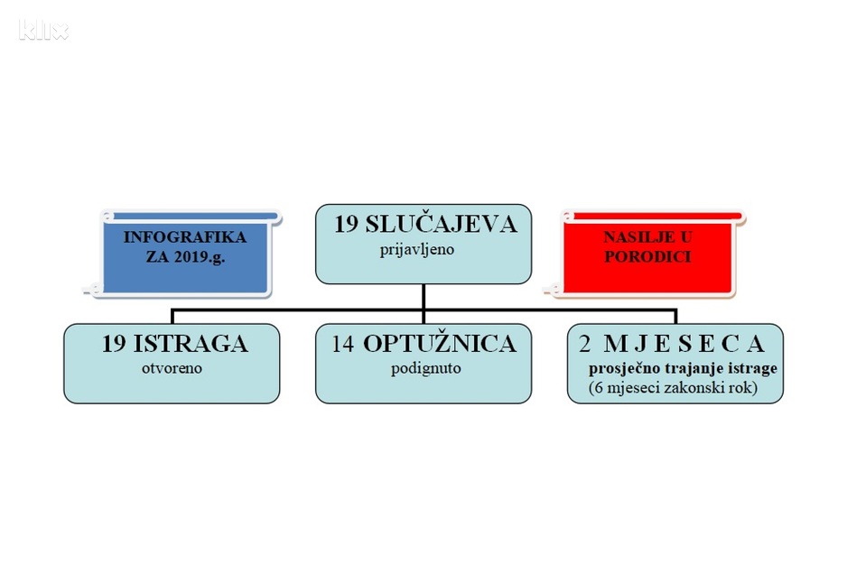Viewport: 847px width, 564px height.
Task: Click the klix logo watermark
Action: tap(43, 30)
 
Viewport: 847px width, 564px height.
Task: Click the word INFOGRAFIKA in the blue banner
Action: tap(185, 237)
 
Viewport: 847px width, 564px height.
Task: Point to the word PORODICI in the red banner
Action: tap(647, 256)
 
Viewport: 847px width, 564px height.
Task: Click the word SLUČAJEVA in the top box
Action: tap(442, 224)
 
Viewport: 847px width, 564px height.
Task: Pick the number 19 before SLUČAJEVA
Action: tap(346, 225)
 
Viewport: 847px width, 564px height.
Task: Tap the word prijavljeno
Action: tap(417, 250)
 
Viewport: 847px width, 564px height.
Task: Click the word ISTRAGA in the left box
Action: tap(191, 344)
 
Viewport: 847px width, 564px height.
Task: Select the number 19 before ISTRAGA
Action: tap(114, 344)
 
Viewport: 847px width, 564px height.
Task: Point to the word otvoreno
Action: tap(172, 368)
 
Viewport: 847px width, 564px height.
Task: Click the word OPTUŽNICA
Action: tap(440, 343)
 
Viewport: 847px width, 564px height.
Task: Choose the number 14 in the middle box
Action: tap(342, 344)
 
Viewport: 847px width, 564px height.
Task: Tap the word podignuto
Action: tap(426, 368)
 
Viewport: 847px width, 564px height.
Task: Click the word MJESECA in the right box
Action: tap(684, 344)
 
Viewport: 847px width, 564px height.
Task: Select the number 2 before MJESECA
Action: tap(584, 344)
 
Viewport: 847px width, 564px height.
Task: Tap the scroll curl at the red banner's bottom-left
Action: tap(554, 289)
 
